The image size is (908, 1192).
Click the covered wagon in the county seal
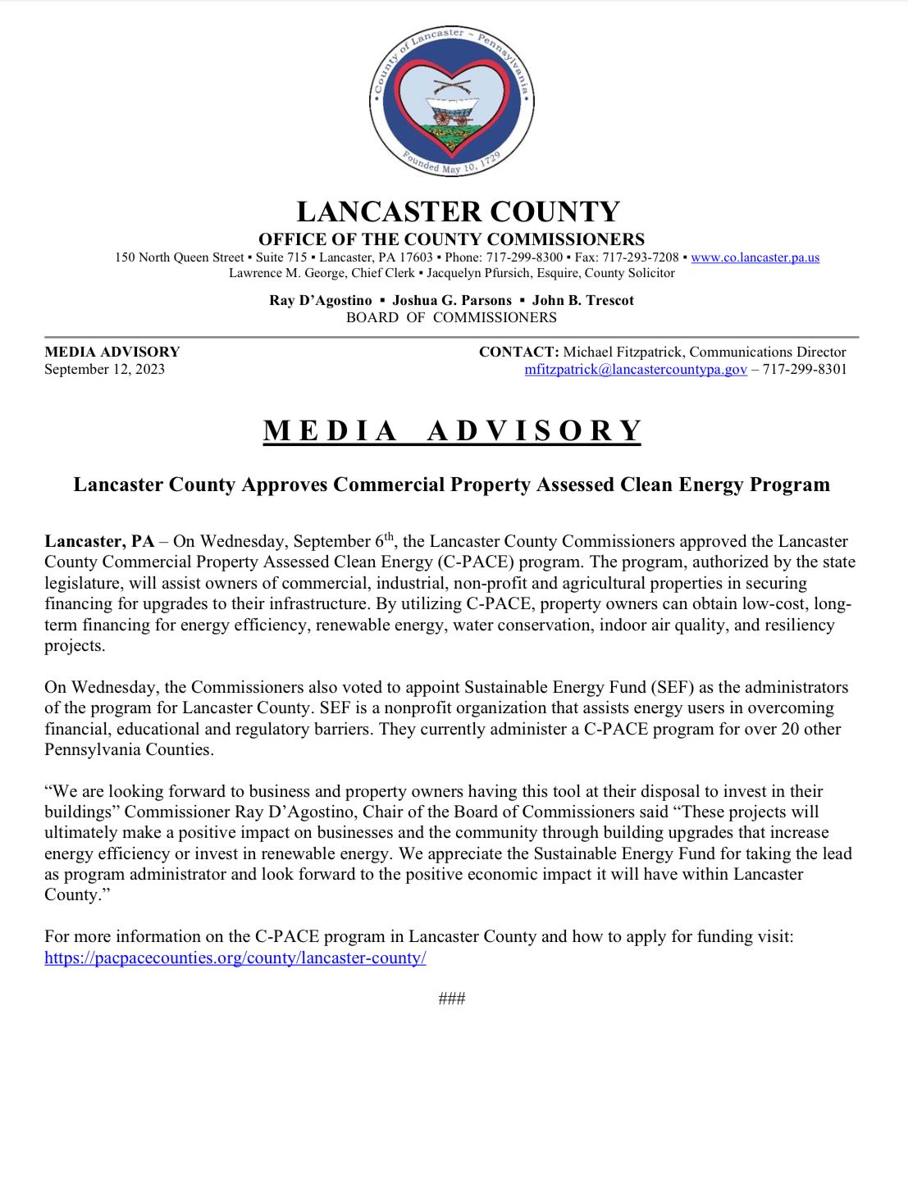coord(451,111)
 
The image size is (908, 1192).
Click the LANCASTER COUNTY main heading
coord(458,212)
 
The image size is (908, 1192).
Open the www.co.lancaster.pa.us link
coord(755,257)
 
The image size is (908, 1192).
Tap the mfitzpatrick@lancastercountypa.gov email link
coord(635,370)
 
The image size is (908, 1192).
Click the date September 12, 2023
coord(104,370)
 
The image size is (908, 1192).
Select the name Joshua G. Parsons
coord(452,301)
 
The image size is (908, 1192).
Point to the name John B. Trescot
coord(583,301)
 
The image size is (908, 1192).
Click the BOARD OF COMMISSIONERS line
coord(451,318)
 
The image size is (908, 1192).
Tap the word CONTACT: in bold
coord(518,353)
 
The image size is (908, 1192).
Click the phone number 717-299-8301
coord(805,370)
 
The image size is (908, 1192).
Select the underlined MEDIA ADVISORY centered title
coord(452,431)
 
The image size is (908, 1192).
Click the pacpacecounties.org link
coord(235,958)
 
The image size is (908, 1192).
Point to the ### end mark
coord(452,999)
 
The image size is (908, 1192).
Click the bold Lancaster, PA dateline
coord(99,542)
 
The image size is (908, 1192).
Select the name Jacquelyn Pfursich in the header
coord(477,274)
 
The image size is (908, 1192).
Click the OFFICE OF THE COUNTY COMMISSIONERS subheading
coord(451,239)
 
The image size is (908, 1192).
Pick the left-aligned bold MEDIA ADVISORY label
coord(112,353)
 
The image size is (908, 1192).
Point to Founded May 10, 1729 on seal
coord(450,164)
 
